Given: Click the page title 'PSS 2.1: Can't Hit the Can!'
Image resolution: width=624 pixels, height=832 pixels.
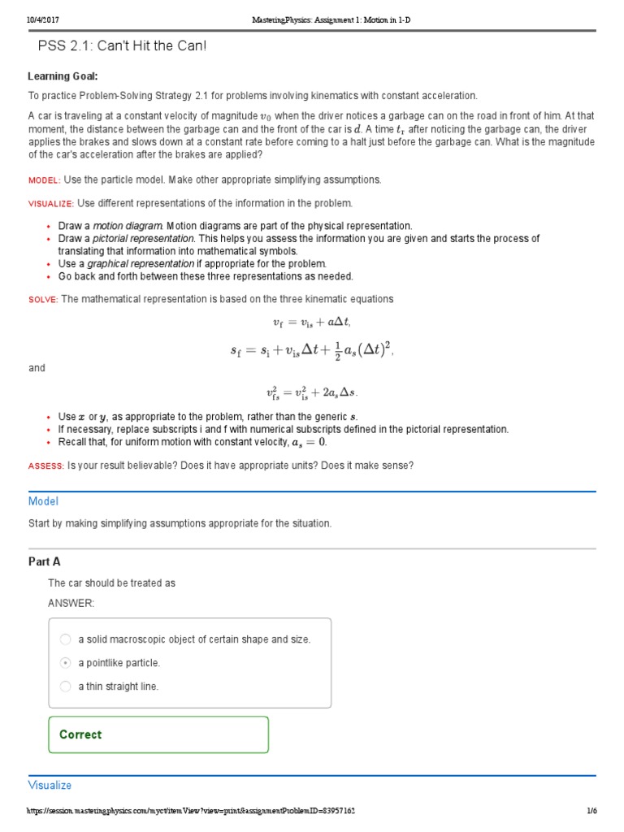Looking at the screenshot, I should [x=122, y=45].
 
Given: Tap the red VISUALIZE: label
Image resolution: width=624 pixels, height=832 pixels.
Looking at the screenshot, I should [x=51, y=203].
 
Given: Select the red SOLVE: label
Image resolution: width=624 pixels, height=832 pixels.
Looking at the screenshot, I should [x=43, y=300].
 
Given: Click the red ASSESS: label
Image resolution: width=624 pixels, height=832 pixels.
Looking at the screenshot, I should [x=45, y=466].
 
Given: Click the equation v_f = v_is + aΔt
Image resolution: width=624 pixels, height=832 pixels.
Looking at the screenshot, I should [x=311, y=323].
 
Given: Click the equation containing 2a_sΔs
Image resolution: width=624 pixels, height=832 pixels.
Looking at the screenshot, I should [x=311, y=393].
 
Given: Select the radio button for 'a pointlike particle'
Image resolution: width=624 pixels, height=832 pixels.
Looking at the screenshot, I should [x=66, y=663].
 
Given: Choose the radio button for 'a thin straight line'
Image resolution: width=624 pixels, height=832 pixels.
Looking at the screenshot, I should [x=66, y=687].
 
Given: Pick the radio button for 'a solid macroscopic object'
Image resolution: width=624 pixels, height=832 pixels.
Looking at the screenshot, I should [x=66, y=639].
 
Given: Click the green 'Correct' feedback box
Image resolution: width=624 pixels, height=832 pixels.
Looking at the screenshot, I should [x=158, y=734].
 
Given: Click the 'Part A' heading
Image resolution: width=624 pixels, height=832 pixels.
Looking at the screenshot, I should [x=45, y=561].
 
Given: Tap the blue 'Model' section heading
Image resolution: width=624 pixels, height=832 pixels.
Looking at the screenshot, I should [x=43, y=501].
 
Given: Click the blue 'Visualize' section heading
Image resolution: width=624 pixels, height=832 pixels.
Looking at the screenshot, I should [x=50, y=785].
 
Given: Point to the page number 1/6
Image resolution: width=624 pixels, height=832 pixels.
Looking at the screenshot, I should [x=591, y=811].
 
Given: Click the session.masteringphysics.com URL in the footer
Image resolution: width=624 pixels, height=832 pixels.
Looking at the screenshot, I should [x=191, y=811].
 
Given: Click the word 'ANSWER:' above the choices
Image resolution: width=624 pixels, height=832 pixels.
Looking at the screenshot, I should [x=71, y=603].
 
